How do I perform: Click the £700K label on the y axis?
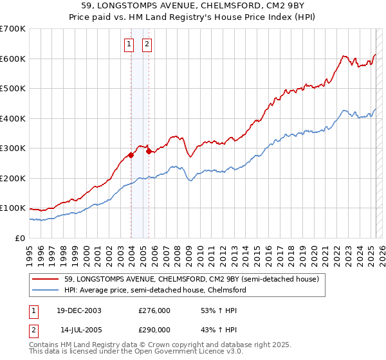pyautogui.click(x=13, y=29)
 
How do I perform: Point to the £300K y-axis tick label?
pyautogui.click(x=13, y=148)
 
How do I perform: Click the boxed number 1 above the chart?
pyautogui.click(x=129, y=44)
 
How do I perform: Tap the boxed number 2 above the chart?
pyautogui.click(x=147, y=44)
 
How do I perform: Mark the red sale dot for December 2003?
pyautogui.click(x=131, y=155)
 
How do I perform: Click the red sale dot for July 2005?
pyautogui.click(x=149, y=151)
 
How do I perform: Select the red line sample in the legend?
pyautogui.click(x=47, y=279)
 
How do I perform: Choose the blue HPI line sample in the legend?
pyautogui.click(x=47, y=290)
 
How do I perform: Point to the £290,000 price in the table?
pyautogui.click(x=154, y=328)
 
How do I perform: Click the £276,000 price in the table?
pyautogui.click(x=154, y=310)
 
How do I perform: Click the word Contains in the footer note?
pyautogui.click(x=44, y=346)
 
